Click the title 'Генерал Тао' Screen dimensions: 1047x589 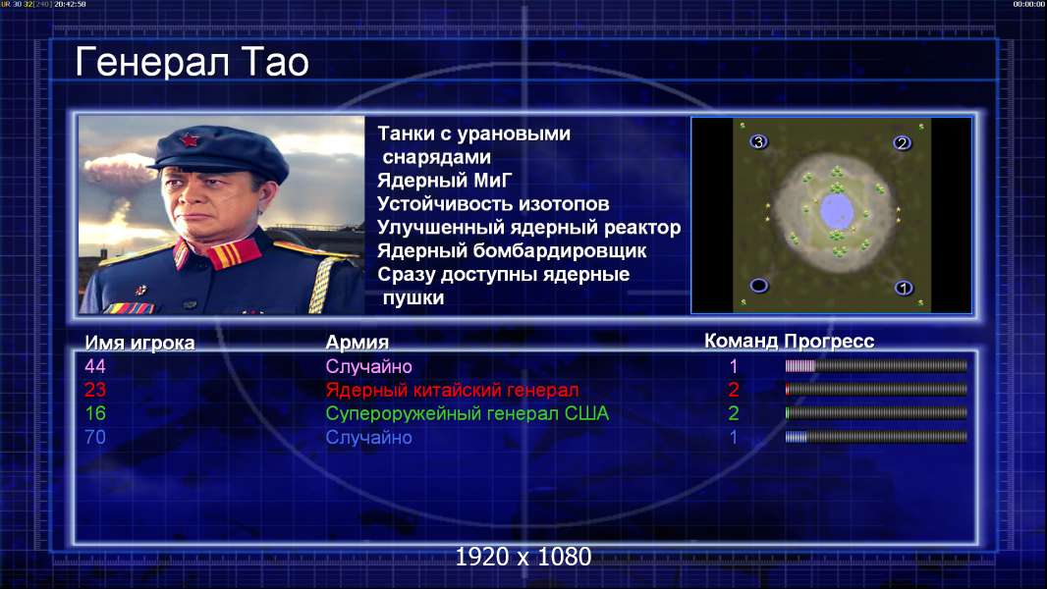192,62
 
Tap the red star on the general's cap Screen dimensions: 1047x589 191,140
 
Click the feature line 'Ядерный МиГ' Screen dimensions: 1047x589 445,180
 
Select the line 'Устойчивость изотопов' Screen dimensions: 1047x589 493,203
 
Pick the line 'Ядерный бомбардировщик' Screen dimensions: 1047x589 512,250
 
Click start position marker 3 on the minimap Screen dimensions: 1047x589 758,141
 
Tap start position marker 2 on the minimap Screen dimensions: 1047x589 902,142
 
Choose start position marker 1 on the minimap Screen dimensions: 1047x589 904,289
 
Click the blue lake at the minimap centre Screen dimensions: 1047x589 836,210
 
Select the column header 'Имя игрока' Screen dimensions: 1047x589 139,343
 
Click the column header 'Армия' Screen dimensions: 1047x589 358,343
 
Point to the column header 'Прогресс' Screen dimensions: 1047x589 829,342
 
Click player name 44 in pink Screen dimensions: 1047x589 95,366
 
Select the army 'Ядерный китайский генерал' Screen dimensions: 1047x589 452,390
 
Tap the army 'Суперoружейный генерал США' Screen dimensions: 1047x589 467,413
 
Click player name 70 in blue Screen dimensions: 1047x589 95,438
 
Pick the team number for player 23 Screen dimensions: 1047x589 733,390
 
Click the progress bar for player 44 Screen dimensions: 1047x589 876,365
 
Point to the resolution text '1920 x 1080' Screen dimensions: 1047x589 523,557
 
